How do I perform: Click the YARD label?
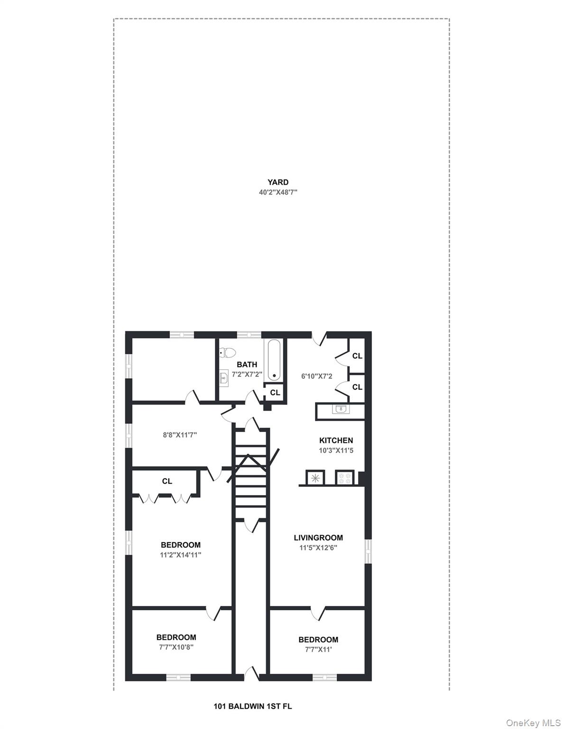pos(277,182)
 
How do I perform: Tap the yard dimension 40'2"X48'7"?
pos(277,192)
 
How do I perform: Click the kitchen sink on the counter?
pos(340,409)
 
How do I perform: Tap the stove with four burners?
pos(344,477)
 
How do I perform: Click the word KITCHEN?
pos(336,440)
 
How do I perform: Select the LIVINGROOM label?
pos(318,538)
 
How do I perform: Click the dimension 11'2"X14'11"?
pos(180,554)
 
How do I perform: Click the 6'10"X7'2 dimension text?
pos(317,376)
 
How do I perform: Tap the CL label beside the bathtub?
pos(275,393)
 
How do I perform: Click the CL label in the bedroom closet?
pos(167,481)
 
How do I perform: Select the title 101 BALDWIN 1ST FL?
pos(253,706)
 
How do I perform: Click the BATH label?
pos(247,364)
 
